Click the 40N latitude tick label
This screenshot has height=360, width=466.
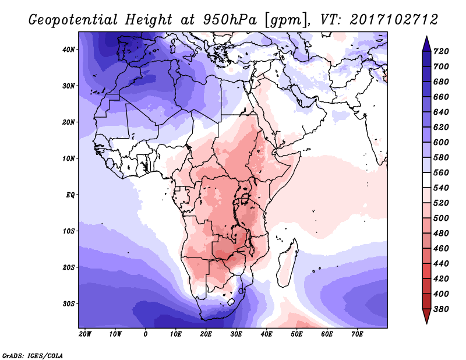[x=69, y=49]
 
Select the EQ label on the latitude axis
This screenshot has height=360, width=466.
[x=70, y=195]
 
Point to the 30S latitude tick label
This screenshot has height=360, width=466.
[x=69, y=303]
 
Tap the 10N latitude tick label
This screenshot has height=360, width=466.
[x=69, y=158]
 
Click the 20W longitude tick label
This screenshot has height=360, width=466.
[x=85, y=334]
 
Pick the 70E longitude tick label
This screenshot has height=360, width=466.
[x=358, y=334]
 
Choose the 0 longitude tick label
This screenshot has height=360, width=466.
[x=146, y=334]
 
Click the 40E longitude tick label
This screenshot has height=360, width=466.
[x=267, y=334]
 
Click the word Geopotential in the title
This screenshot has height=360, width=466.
[x=74, y=20]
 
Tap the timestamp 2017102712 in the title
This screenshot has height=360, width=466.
[x=394, y=20]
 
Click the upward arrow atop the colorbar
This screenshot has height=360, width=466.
[x=426, y=42]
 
